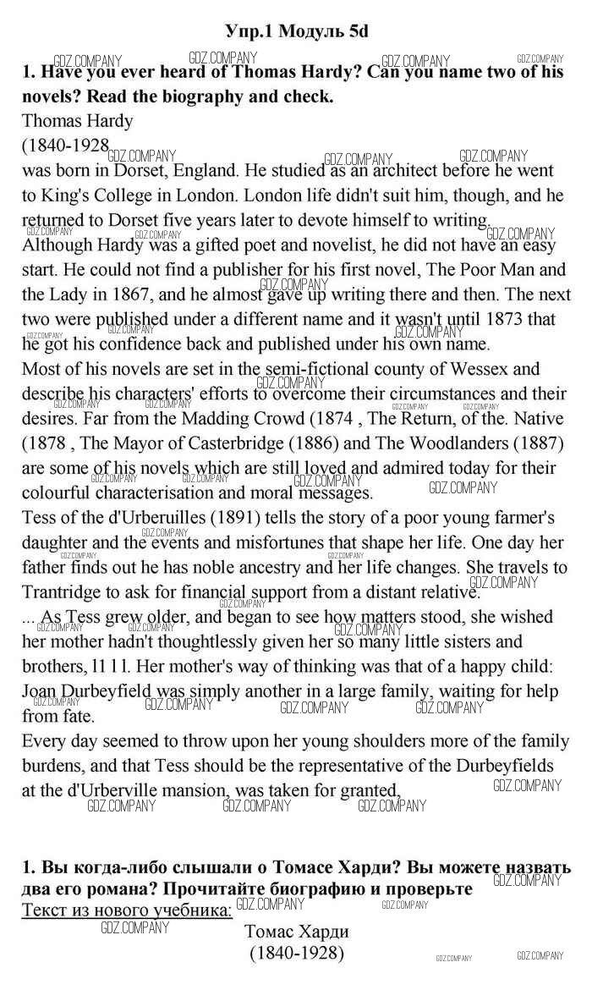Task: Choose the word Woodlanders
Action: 443,443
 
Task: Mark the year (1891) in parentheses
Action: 241,517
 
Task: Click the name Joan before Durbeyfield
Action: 40,691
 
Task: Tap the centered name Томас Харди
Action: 296,932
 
